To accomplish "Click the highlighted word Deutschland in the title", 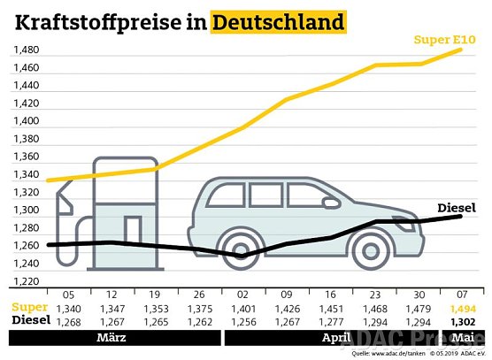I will (x=279, y=20).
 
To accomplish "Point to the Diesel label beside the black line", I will (x=457, y=209).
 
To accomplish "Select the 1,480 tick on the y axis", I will (x=26, y=50).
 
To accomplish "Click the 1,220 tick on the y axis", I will (x=26, y=281).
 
